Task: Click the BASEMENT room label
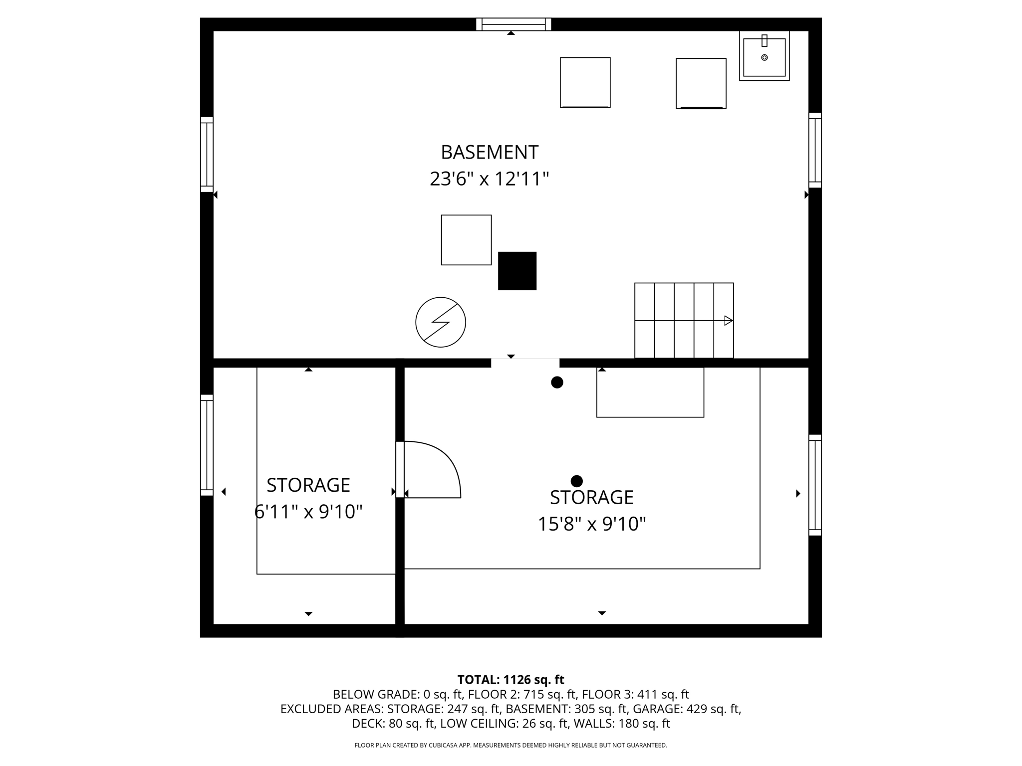(x=489, y=152)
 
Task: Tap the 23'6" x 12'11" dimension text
(x=489, y=179)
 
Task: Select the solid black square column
(x=517, y=271)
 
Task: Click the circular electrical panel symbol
(x=441, y=322)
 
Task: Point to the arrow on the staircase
(x=728, y=321)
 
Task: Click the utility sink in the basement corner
(x=764, y=56)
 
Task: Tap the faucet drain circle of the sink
(x=764, y=58)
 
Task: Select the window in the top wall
(x=513, y=24)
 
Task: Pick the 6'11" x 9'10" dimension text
(x=308, y=512)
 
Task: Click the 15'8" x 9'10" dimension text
(x=591, y=524)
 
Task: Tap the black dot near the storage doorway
(x=557, y=383)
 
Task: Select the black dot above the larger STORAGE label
(x=576, y=481)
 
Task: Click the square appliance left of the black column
(x=466, y=240)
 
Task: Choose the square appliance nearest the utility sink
(x=701, y=83)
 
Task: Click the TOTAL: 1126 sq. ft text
(x=511, y=680)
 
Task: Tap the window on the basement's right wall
(x=815, y=150)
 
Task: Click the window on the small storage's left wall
(x=207, y=445)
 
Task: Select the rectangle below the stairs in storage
(x=650, y=392)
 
